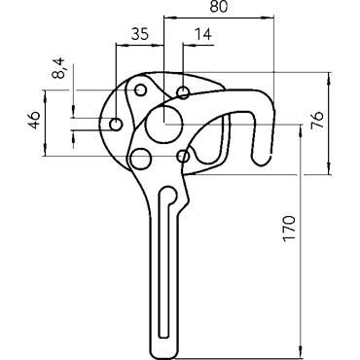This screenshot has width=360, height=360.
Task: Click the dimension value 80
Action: (x=219, y=6)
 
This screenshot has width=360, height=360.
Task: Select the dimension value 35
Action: (x=140, y=34)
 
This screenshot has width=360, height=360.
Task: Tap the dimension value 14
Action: (x=202, y=34)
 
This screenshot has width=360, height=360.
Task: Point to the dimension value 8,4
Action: (x=58, y=68)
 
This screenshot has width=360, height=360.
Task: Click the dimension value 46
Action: (x=34, y=120)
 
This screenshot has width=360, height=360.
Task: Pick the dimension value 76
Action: (x=317, y=120)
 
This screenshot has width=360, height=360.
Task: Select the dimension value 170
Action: (x=289, y=228)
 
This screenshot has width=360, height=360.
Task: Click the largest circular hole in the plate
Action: (x=164, y=124)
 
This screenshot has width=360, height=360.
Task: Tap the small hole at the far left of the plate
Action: (x=116, y=125)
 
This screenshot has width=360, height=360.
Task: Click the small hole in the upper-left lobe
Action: (x=140, y=90)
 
